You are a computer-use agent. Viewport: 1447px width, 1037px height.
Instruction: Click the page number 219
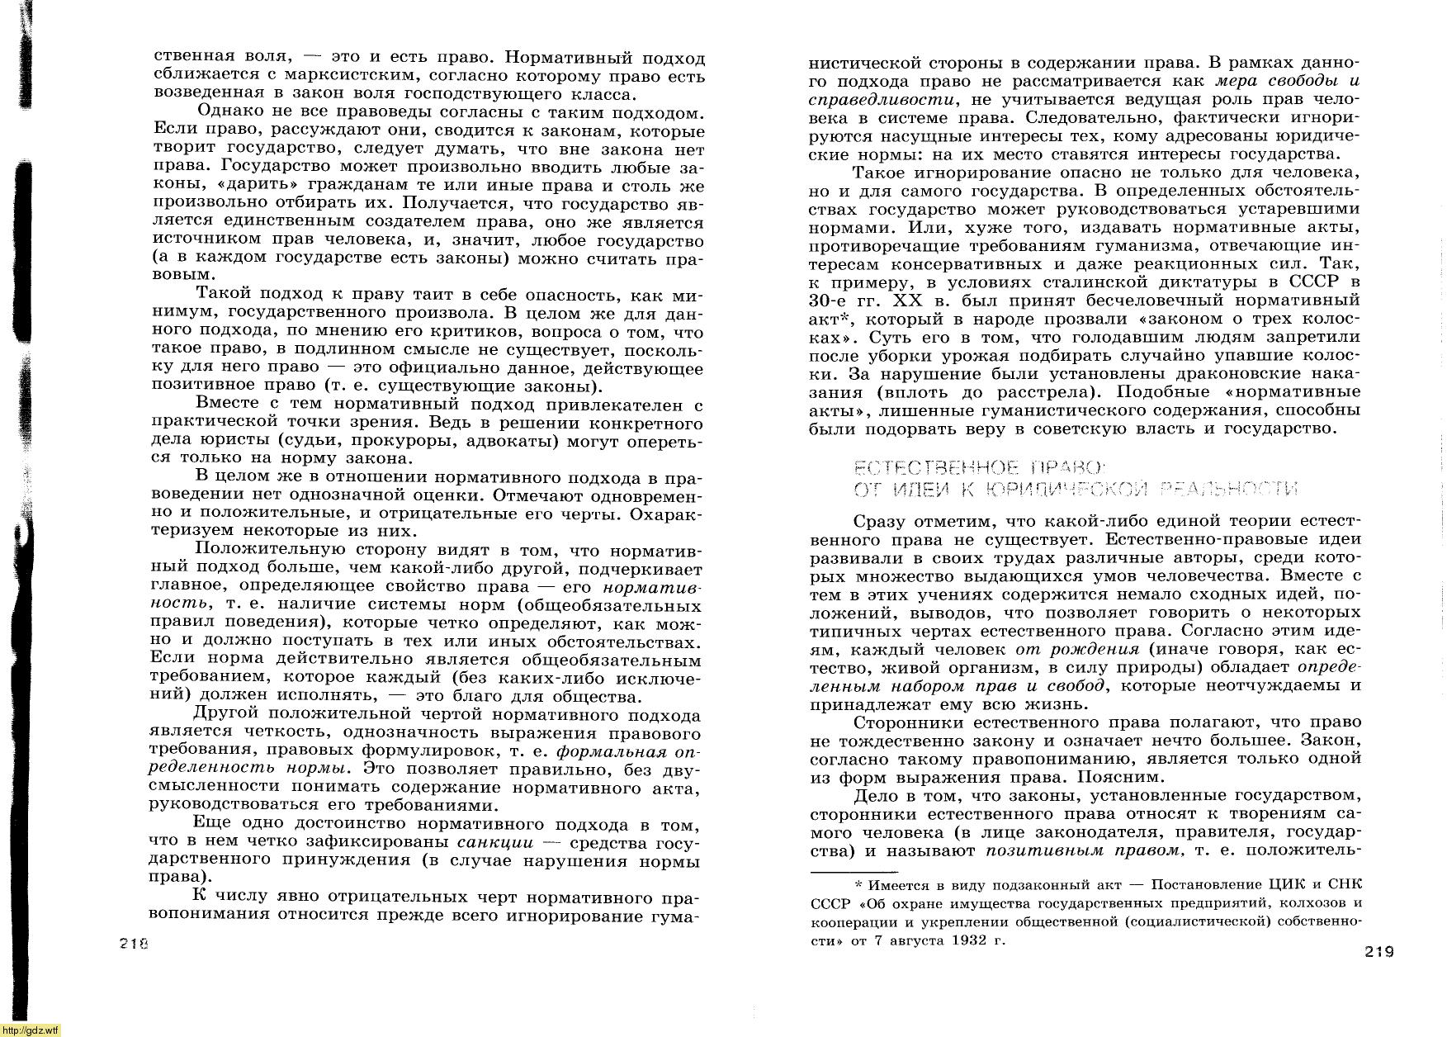pos(1378,952)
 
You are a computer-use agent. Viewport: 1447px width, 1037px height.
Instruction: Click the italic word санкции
pos(494,842)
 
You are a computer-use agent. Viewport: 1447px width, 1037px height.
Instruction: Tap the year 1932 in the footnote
pos(968,940)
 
